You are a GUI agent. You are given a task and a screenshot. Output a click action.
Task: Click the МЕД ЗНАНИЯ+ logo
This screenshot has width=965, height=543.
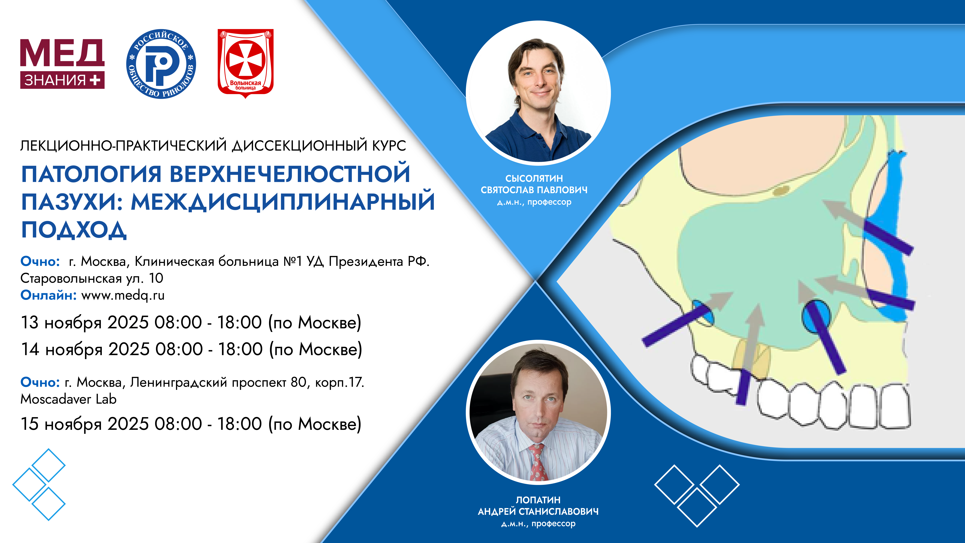(62, 64)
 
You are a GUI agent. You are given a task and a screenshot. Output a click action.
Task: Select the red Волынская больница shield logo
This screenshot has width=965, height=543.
(245, 63)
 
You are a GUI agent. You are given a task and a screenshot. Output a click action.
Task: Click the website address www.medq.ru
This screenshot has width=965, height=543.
(123, 296)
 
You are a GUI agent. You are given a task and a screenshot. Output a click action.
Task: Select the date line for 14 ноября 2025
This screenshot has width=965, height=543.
(191, 349)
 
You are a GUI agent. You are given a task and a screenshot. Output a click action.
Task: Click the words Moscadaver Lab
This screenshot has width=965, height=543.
(69, 399)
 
